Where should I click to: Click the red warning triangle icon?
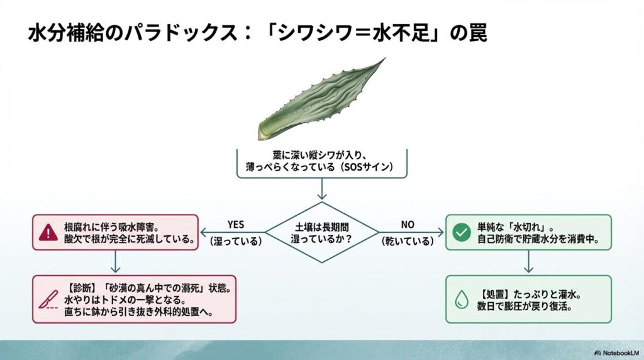coord(48,232)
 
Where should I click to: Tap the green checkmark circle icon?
coord(462,232)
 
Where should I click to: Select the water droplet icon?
coord(462,300)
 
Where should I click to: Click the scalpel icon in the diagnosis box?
coord(48,300)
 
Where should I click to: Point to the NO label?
coord(408,225)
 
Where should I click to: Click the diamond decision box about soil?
coord(322,232)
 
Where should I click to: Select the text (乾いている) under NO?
coord(408,240)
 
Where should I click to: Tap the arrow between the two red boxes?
coord(115,261)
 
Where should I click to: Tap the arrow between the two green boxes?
coord(528,261)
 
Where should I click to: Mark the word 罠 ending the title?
coord(476,33)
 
